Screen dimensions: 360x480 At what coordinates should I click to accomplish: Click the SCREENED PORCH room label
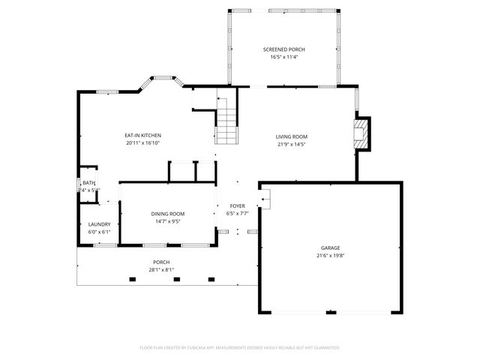[x=283, y=49]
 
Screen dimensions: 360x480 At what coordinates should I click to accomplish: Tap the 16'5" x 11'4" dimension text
[x=283, y=56]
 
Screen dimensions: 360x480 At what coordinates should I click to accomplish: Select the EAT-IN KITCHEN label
[x=142, y=136]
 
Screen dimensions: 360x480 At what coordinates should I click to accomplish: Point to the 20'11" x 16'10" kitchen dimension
[x=142, y=142]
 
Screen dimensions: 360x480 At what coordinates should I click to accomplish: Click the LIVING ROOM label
[x=292, y=136]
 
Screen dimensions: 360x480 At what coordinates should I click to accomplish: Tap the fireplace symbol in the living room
[x=362, y=133]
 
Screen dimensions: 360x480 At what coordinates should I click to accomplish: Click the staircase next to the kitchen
[x=226, y=120]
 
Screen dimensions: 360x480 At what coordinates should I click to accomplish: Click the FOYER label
[x=237, y=206]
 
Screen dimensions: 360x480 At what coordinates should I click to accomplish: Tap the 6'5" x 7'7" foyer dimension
[x=237, y=214]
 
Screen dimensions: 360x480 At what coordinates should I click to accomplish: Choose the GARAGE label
[x=331, y=248]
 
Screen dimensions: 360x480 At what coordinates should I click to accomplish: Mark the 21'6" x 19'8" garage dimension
[x=331, y=256]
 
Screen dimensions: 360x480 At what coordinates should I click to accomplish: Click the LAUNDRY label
[x=100, y=224]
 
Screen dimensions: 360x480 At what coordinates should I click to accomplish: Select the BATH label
[x=89, y=183]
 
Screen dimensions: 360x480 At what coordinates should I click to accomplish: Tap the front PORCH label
[x=162, y=262]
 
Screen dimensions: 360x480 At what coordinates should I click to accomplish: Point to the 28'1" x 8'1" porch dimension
[x=162, y=270]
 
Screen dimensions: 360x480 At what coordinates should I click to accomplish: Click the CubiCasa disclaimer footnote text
[x=240, y=347]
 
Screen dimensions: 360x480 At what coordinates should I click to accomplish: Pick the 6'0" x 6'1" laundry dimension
[x=100, y=232]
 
